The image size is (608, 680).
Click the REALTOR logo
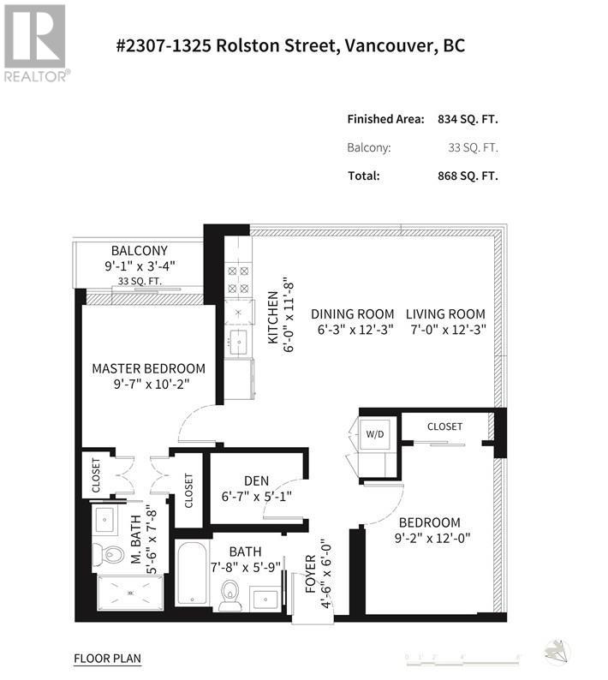point(35,43)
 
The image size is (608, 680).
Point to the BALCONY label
point(140,252)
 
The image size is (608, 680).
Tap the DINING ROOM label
point(352,314)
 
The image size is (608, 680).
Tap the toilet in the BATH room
point(230,596)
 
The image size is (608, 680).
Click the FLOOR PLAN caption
point(107,659)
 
